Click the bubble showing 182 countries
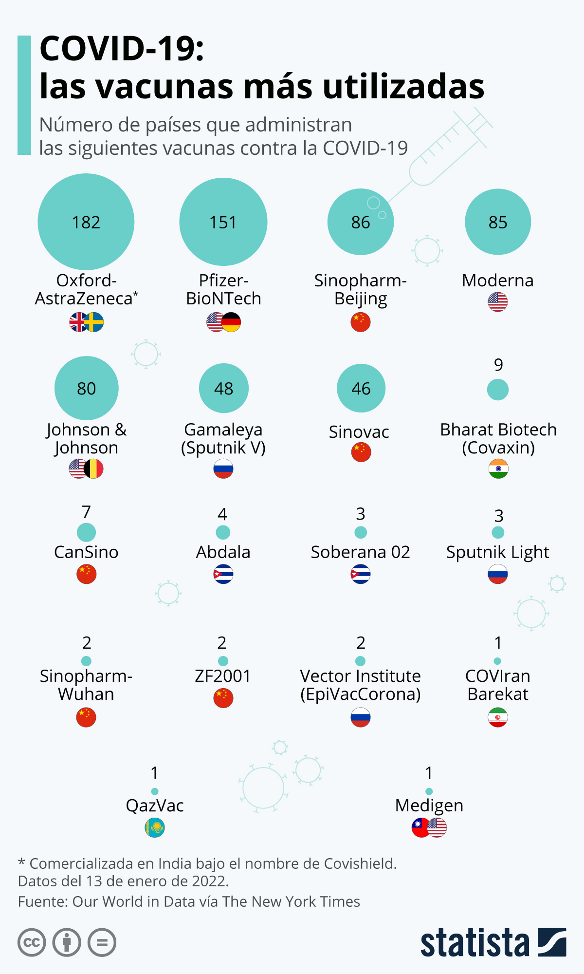coord(86,222)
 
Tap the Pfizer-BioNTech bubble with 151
coord(223,222)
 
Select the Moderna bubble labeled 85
coord(498,222)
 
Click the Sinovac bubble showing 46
coord(361,388)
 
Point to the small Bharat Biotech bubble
coord(498,390)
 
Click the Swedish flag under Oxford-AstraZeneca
coord(94,322)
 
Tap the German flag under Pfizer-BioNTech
coord(232,322)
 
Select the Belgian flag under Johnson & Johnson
coord(94,469)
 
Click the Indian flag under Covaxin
coord(498,469)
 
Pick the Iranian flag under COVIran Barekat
coord(498,717)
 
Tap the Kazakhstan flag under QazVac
coord(155,827)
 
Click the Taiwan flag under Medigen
coord(420,827)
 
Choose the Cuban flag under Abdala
coord(223,574)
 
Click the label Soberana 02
coord(361,552)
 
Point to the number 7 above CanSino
coord(86,512)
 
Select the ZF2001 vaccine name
coord(223,676)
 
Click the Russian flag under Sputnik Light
coord(498,574)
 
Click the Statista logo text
coord(474,943)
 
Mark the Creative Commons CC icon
coord(32,943)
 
